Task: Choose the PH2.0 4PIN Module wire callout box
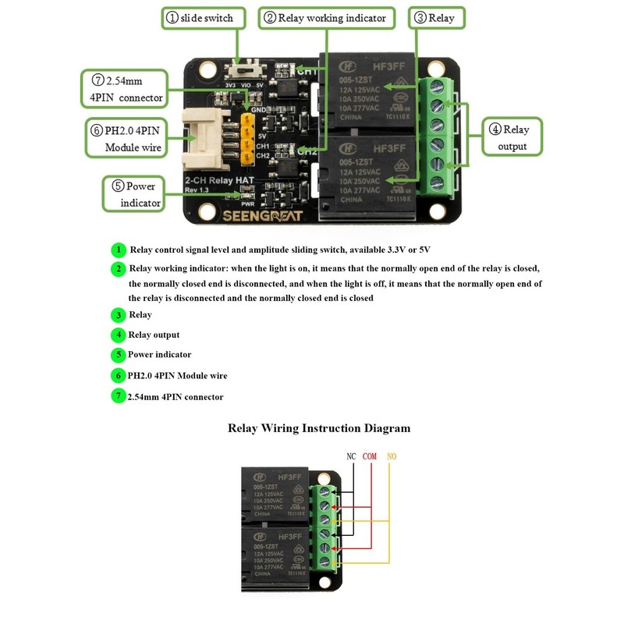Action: point(128,138)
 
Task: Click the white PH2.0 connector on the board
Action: point(207,138)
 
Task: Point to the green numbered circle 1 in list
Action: point(118,250)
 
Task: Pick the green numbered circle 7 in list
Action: point(118,396)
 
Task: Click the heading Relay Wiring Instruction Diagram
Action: point(318,428)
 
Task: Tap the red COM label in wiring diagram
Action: point(369,456)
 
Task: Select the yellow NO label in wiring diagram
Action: point(391,456)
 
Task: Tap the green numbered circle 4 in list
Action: point(118,335)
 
